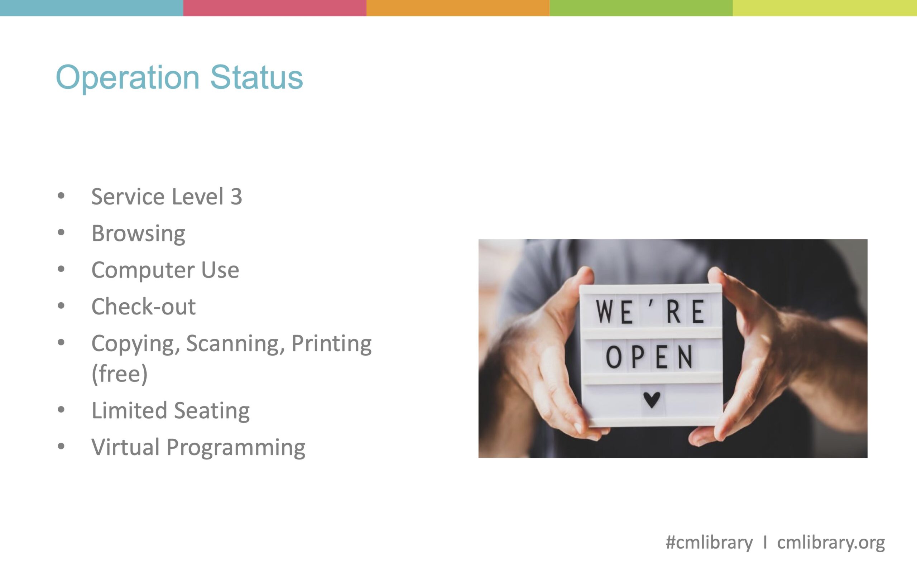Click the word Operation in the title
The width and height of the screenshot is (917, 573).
pos(128,78)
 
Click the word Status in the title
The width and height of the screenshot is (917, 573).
pos(256,77)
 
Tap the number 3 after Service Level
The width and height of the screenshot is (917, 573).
pos(236,197)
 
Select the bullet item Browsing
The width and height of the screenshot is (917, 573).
pos(138,233)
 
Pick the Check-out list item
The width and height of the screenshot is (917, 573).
pos(144,307)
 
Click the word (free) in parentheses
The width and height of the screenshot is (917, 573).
pos(120,374)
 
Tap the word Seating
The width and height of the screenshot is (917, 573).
pos(212,411)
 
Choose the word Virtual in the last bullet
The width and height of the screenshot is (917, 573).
pos(125,447)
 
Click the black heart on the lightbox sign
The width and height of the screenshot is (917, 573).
pos(652,400)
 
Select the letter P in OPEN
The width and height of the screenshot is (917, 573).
pos(638,357)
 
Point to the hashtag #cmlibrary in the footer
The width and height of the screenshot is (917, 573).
pos(709,543)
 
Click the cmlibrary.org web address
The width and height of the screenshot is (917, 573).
pos(831,543)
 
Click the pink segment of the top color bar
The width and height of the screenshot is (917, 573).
pos(275,8)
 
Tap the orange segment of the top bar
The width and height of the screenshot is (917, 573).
pos(458,8)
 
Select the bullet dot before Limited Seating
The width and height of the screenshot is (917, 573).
pos(61,410)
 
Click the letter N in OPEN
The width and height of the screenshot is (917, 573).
pos(685,357)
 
